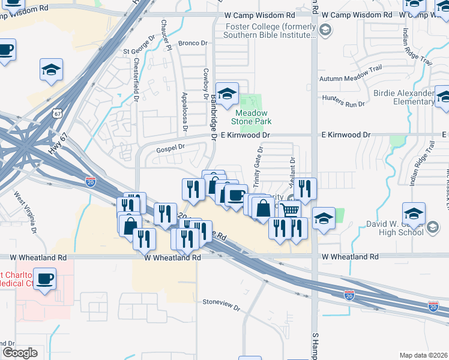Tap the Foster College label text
(x=270, y=31)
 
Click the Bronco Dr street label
(x=193, y=44)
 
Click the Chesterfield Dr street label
(x=136, y=79)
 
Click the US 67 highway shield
(x=56, y=113)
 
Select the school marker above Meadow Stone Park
(x=227, y=94)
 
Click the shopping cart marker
(x=290, y=211)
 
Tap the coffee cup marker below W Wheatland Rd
(x=44, y=279)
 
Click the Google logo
(x=20, y=353)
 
